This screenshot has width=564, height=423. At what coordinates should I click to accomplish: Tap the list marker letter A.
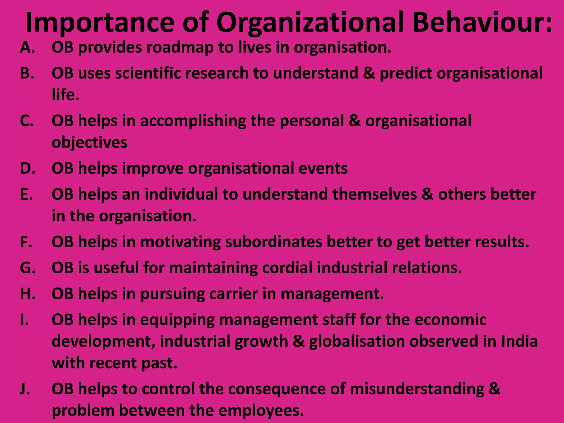tap(27, 47)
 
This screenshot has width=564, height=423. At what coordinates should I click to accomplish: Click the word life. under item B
tap(66, 95)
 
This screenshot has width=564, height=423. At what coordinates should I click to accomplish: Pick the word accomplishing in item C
tap(193, 121)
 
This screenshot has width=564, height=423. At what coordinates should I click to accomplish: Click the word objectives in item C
tap(90, 143)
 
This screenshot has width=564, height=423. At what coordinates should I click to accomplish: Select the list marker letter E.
tap(26, 194)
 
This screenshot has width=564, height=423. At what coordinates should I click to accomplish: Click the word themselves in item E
tap(375, 194)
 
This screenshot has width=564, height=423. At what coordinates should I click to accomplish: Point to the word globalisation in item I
tap(357, 341)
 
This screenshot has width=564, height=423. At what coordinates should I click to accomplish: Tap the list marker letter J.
tap(25, 389)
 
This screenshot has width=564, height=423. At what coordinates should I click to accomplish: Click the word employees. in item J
tap(261, 411)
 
